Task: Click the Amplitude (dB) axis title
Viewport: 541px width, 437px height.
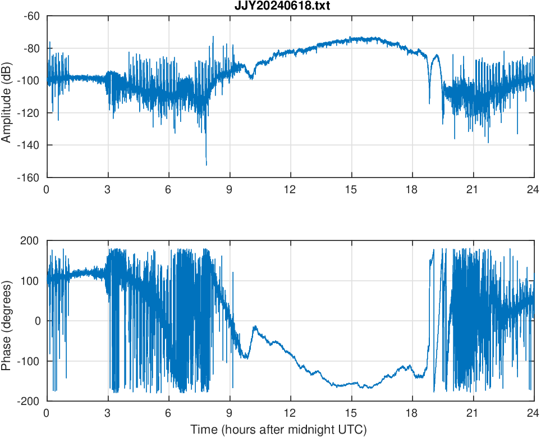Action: point(7,97)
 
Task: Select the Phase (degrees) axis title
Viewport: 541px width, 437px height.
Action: point(7,321)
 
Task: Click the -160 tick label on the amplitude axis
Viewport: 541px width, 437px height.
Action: point(29,177)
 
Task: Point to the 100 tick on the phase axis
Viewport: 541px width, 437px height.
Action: point(33,281)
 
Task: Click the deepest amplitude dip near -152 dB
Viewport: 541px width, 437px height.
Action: point(206,165)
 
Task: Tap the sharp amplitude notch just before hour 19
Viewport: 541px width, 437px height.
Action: point(429,103)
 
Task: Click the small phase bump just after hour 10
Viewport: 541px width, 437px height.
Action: point(254,327)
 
